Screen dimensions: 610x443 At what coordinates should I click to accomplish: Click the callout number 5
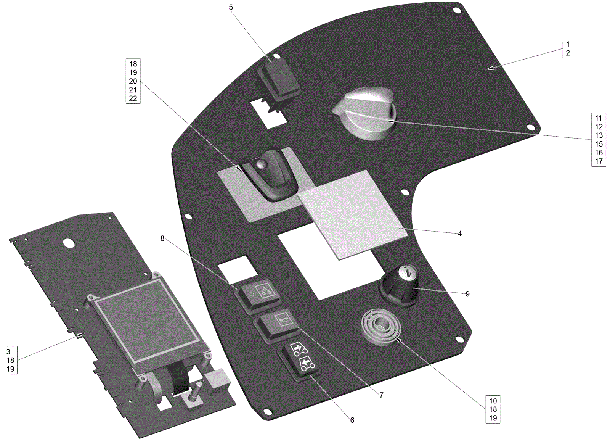coord(231,8)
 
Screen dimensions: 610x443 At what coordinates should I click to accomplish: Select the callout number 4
coord(459,234)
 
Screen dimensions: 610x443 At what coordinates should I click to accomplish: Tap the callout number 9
coord(467,294)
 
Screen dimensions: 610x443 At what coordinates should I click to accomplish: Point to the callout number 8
coord(162,238)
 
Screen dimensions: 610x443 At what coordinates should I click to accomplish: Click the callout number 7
coord(381,395)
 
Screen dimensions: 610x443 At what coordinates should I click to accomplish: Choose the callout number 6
coord(352,420)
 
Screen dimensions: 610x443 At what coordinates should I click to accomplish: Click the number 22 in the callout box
coord(133,98)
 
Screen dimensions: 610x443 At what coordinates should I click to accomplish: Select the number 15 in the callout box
coord(599,144)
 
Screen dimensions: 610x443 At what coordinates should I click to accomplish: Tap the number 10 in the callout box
coord(493,401)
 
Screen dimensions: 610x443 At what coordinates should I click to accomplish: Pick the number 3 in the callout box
coord(8,351)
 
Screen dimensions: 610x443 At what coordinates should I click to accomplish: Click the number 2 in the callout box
coord(568,53)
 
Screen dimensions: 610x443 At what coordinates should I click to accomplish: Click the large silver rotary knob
coord(366,113)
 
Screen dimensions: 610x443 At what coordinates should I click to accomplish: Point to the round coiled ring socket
coord(380,326)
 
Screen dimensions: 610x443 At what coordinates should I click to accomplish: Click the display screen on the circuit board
coord(147,321)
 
